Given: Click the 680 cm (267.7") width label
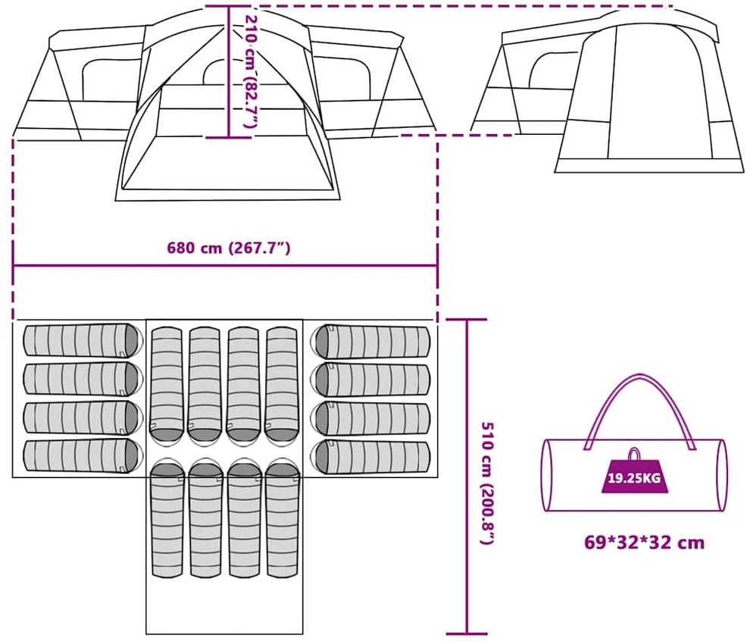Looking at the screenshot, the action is tap(228, 248).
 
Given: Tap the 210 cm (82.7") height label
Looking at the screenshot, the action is tap(251, 71).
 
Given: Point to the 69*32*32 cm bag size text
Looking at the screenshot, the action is tap(644, 543).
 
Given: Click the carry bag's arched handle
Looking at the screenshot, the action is tap(640, 410).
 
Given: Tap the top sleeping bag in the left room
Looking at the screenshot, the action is tap(83, 339).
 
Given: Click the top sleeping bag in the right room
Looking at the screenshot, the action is tap(370, 341).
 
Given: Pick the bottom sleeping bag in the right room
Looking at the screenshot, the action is tap(370, 457).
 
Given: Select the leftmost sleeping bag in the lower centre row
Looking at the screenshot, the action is tap(167, 518).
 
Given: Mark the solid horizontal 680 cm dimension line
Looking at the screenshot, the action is tap(225, 265).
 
